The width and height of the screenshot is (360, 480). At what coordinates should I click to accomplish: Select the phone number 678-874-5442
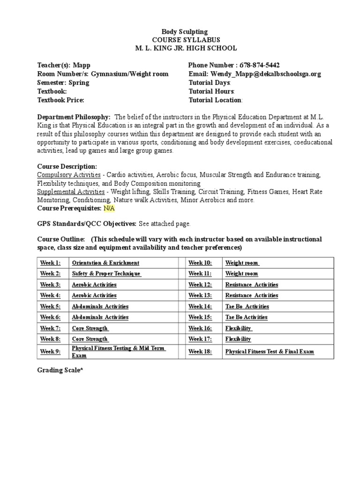click(260, 65)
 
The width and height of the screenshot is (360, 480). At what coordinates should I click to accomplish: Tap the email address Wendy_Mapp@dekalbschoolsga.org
click(266, 74)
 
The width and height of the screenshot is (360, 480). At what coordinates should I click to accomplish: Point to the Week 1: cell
click(50, 263)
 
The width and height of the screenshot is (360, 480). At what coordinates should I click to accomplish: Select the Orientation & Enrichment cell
click(105, 263)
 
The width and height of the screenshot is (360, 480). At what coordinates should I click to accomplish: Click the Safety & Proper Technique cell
click(106, 274)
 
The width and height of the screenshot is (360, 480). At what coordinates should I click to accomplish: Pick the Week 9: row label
click(50, 352)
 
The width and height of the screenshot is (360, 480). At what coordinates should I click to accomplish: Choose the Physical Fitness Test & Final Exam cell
click(270, 352)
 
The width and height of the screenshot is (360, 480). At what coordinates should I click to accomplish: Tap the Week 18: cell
click(200, 352)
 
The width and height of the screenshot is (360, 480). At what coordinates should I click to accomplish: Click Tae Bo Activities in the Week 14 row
click(247, 307)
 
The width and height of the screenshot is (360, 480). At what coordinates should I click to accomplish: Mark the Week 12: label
click(200, 285)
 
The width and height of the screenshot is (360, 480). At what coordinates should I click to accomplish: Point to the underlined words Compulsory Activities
click(68, 175)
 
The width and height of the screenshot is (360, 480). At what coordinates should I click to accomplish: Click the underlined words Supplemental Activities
click(71, 192)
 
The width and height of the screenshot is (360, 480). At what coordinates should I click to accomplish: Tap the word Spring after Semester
click(79, 82)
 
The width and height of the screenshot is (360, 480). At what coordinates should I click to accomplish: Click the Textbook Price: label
click(60, 100)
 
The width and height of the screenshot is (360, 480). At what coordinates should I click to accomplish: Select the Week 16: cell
click(200, 329)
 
